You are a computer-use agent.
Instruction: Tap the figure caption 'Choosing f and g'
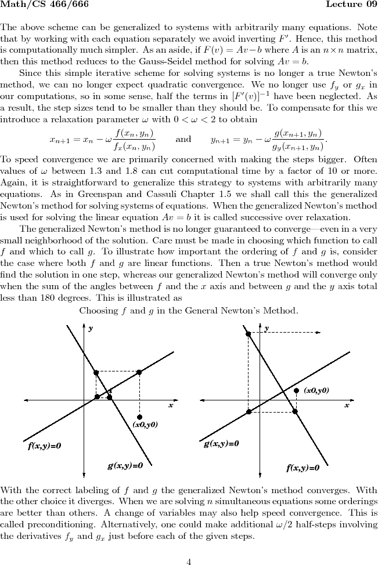click(189, 311)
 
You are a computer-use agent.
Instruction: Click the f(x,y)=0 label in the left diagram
click(45, 446)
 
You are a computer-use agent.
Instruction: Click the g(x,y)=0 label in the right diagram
click(221, 444)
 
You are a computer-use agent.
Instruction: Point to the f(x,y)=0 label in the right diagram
click(302, 468)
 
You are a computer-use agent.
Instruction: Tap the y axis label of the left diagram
click(91, 328)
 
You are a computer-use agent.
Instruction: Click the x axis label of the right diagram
click(347, 405)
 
